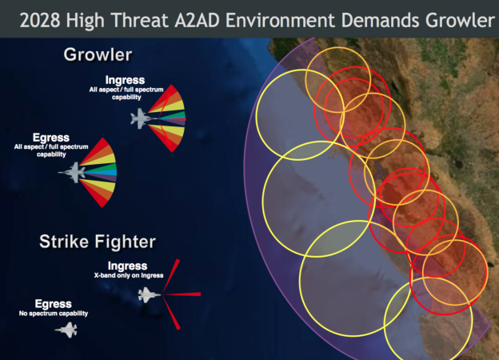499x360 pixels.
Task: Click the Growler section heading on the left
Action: [x=98, y=54]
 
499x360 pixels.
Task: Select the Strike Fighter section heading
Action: [x=98, y=240]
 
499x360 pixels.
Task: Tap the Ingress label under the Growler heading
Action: [x=126, y=80]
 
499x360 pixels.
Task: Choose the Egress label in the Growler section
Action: [x=53, y=138]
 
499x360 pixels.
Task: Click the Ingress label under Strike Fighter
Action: [x=127, y=266]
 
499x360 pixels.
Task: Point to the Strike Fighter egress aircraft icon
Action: [x=66, y=329]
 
